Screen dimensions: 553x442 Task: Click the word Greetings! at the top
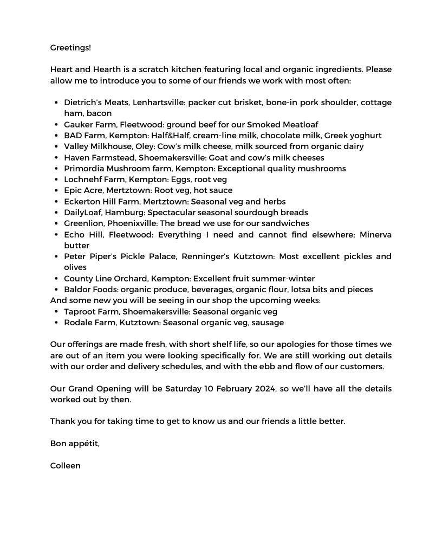click(x=70, y=48)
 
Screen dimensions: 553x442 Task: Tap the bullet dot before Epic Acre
click(x=57, y=191)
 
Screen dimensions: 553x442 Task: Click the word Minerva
click(x=375, y=235)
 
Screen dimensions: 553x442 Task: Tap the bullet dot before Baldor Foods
click(x=57, y=290)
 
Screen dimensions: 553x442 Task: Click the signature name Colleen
click(x=65, y=466)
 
